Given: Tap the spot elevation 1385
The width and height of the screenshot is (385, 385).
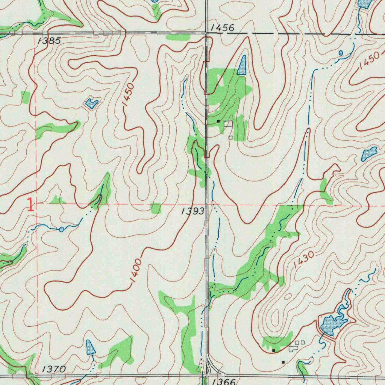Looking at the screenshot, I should [49, 41].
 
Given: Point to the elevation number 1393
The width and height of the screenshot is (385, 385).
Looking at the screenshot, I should [193, 212].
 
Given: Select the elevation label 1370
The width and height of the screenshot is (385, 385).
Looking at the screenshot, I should [55, 369].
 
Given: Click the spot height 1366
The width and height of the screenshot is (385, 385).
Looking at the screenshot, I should [223, 381].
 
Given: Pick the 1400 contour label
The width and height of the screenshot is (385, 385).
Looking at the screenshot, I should [136, 270].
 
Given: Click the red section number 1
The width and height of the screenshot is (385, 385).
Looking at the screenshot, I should [30, 205].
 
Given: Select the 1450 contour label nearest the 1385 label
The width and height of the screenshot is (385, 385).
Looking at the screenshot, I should [128, 95].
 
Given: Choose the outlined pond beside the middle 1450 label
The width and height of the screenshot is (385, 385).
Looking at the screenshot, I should [91, 102].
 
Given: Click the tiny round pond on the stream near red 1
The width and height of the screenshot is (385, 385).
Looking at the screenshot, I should [61, 229].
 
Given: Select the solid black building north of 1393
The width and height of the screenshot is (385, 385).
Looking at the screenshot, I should [218, 121].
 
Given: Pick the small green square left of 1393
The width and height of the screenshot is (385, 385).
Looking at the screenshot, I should [156, 208].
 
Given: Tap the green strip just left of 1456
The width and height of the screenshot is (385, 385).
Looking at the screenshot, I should [178, 37].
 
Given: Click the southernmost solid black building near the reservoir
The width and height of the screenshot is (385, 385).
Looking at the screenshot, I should [283, 362].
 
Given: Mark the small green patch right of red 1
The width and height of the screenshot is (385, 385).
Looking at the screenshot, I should [57, 200].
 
